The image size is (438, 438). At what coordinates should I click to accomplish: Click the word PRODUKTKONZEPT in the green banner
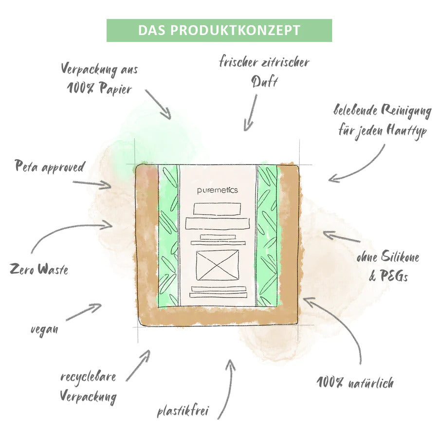[235, 31]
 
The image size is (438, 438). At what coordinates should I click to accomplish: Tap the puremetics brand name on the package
[218, 190]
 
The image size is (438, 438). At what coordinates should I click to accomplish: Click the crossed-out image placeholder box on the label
[218, 265]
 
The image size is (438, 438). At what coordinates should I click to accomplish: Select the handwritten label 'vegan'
[44, 329]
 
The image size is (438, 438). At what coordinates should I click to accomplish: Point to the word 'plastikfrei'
[183, 411]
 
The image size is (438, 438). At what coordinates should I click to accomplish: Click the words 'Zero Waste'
[39, 269]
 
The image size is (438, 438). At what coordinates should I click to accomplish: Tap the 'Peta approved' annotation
[50, 166]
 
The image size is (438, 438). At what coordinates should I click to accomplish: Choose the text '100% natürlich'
[355, 383]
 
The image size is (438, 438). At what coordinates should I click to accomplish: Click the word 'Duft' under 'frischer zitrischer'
[264, 82]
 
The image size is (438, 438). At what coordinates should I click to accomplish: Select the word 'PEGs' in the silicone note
[394, 276]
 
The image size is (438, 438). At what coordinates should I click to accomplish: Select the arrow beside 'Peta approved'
[92, 183]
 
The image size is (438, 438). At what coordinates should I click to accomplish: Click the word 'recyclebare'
[88, 377]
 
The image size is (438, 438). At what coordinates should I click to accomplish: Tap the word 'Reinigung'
[406, 111]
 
